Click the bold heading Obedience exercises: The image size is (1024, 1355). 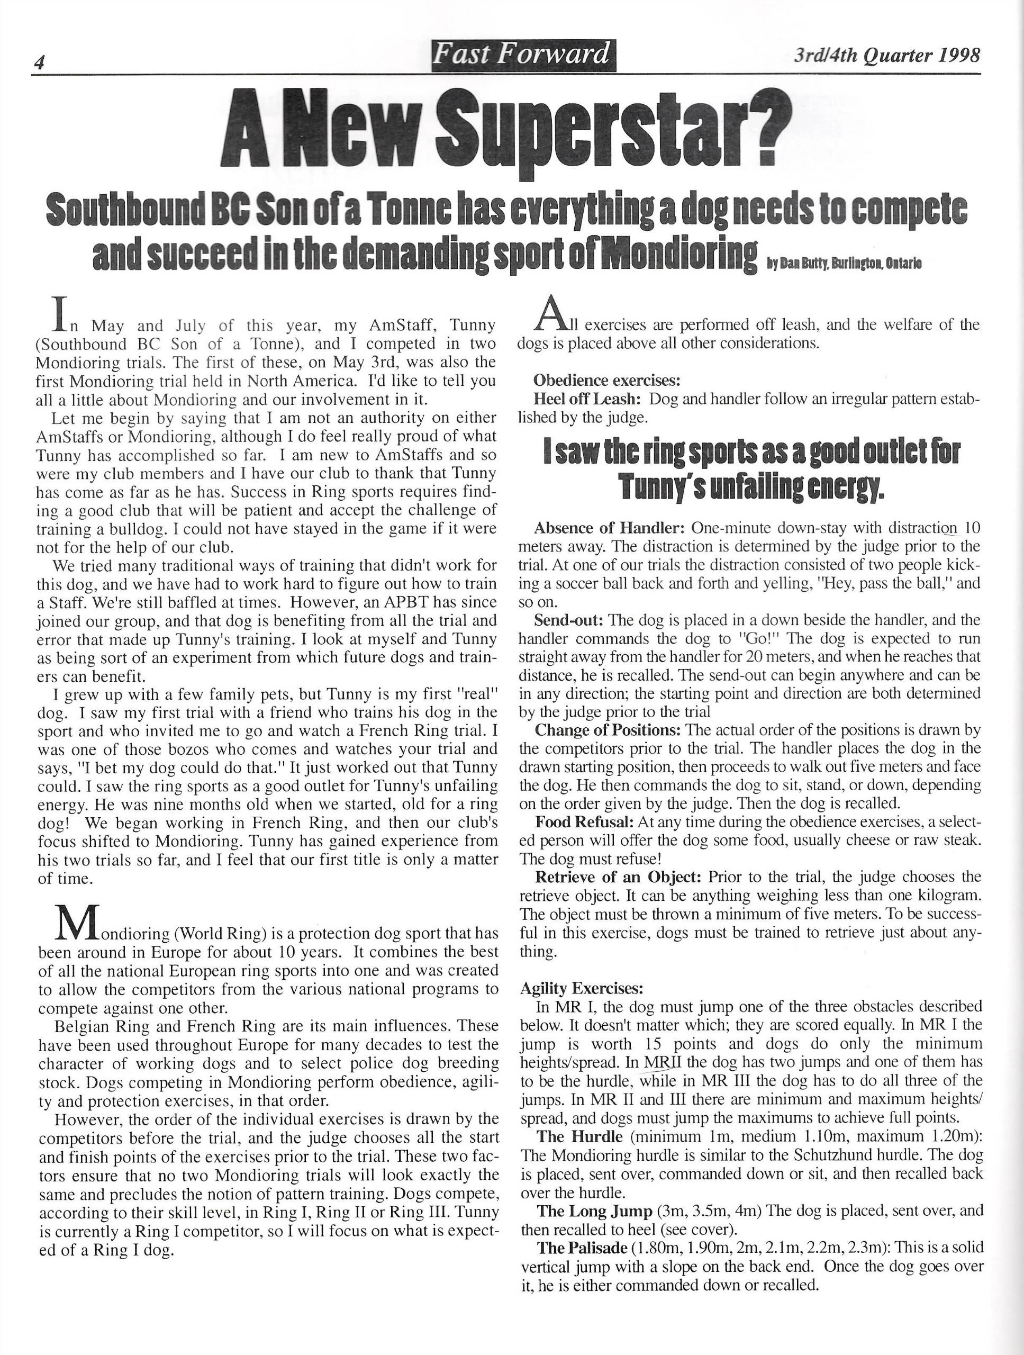[607, 381]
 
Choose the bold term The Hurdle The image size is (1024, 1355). [575, 1136]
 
